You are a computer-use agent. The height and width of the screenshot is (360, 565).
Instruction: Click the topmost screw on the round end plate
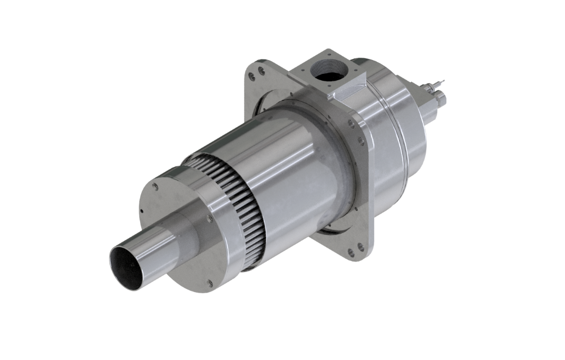pos(156,186)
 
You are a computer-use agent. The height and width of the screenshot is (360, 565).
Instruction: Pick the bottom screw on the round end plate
pos(210,284)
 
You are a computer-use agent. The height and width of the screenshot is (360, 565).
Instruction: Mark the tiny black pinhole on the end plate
pos(142,210)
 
